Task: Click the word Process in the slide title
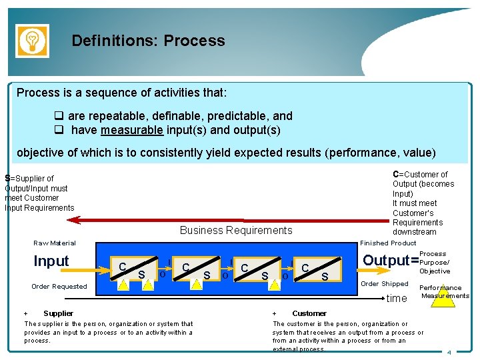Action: (x=194, y=41)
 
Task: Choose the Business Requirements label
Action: (x=236, y=231)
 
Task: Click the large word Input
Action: (x=51, y=261)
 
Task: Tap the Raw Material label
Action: (x=55, y=243)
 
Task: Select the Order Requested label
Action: (x=59, y=287)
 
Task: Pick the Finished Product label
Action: (x=388, y=243)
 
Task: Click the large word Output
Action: (x=385, y=261)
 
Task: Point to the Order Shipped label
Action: (x=385, y=284)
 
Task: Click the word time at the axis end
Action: (x=397, y=298)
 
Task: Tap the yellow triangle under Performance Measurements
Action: (x=442, y=297)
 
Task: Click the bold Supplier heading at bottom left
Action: (x=58, y=313)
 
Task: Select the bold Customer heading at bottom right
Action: (x=309, y=313)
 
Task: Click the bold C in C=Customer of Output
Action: (x=396, y=175)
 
